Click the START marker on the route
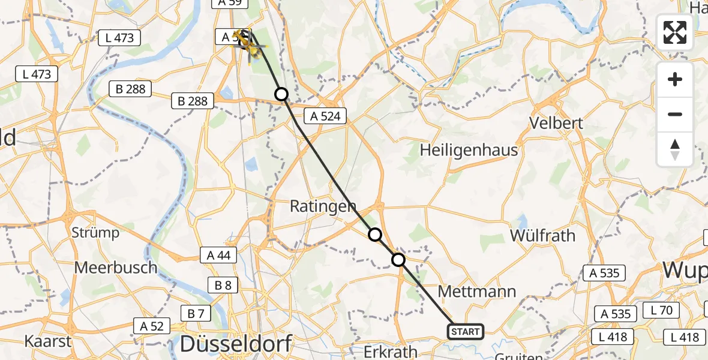[x=465, y=331]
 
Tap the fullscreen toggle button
[x=675, y=32]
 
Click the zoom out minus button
[x=675, y=114]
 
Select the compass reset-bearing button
[x=675, y=149]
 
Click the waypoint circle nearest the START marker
[x=398, y=260]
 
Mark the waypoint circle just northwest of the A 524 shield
[x=281, y=94]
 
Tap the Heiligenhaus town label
[x=470, y=149]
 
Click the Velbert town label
[x=556, y=123]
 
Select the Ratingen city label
[x=314, y=206]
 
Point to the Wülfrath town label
[x=542, y=235]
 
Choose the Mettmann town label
[x=477, y=292]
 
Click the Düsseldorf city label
[x=236, y=344]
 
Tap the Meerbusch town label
[x=116, y=267]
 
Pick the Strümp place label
[x=95, y=232]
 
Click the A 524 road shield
[x=326, y=116]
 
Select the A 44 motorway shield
[x=218, y=255]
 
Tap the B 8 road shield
[x=223, y=285]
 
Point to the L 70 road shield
[x=661, y=311]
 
